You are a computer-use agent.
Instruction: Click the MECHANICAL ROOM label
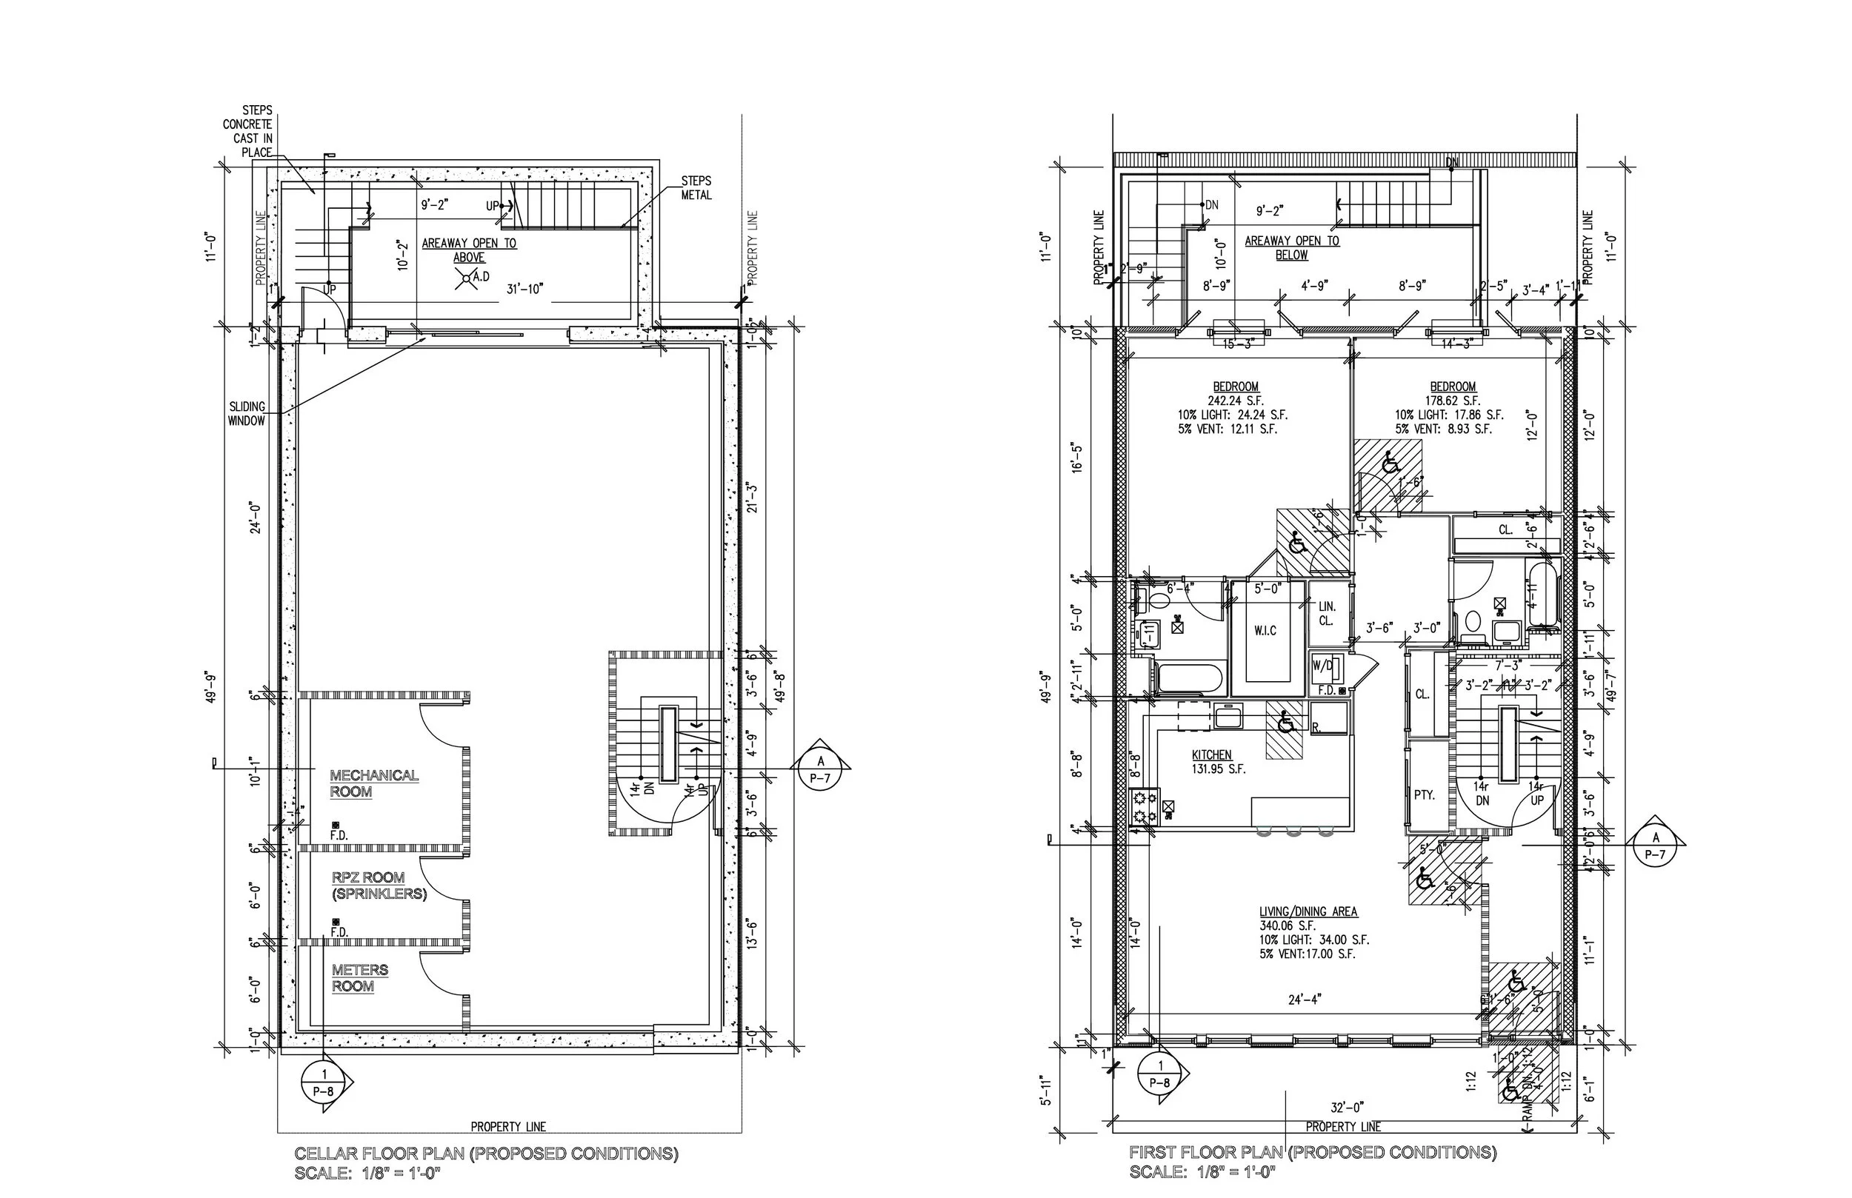373,783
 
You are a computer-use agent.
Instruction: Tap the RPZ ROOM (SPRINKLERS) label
379,886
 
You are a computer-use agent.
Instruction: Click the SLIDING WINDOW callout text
247,414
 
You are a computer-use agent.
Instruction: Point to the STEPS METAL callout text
696,188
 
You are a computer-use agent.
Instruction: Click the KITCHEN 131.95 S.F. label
1218,762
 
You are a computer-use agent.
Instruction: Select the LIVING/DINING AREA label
1308,911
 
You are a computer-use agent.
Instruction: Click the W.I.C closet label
1265,630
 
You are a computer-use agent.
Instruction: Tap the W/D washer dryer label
1322,665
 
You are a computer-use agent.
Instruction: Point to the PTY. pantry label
1424,795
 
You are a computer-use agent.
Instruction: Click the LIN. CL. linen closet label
1327,613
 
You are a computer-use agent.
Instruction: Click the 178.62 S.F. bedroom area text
1452,401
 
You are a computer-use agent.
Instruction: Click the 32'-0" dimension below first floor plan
1347,1107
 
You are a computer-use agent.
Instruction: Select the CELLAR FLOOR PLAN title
485,1154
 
